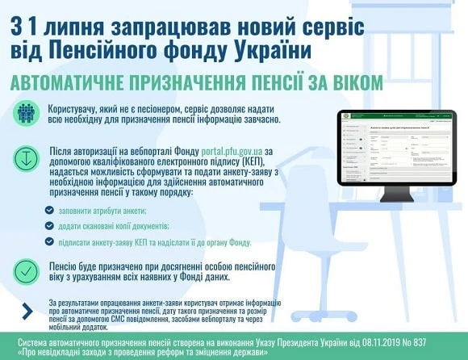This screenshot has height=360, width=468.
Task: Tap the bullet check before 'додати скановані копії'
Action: point(50,226)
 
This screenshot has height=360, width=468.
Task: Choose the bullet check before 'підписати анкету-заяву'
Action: point(50,241)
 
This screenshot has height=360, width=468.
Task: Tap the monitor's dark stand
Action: point(397,195)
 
